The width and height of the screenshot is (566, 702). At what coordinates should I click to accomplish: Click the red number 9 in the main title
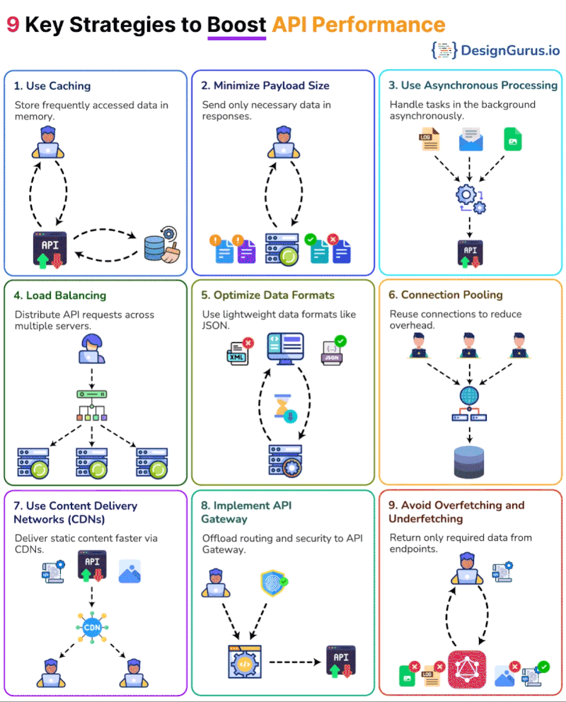[x=13, y=24]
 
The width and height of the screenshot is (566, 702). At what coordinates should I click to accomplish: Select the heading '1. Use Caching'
[x=52, y=86]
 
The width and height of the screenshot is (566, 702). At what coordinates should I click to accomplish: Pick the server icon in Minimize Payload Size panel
[x=282, y=249]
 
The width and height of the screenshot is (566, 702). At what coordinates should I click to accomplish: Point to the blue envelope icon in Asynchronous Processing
[x=470, y=139]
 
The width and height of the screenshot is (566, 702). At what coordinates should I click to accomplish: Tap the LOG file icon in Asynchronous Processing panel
[x=428, y=139]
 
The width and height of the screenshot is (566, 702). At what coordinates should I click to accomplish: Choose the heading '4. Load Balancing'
[x=60, y=296]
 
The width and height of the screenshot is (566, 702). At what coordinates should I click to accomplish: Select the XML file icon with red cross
[x=238, y=351]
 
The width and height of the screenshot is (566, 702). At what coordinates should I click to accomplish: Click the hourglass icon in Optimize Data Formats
[x=286, y=409]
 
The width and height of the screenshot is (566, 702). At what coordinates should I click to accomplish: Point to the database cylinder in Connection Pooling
[x=469, y=460]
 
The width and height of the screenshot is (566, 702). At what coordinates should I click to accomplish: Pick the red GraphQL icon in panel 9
[x=468, y=669]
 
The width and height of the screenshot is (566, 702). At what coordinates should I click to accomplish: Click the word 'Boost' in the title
[x=236, y=24]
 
